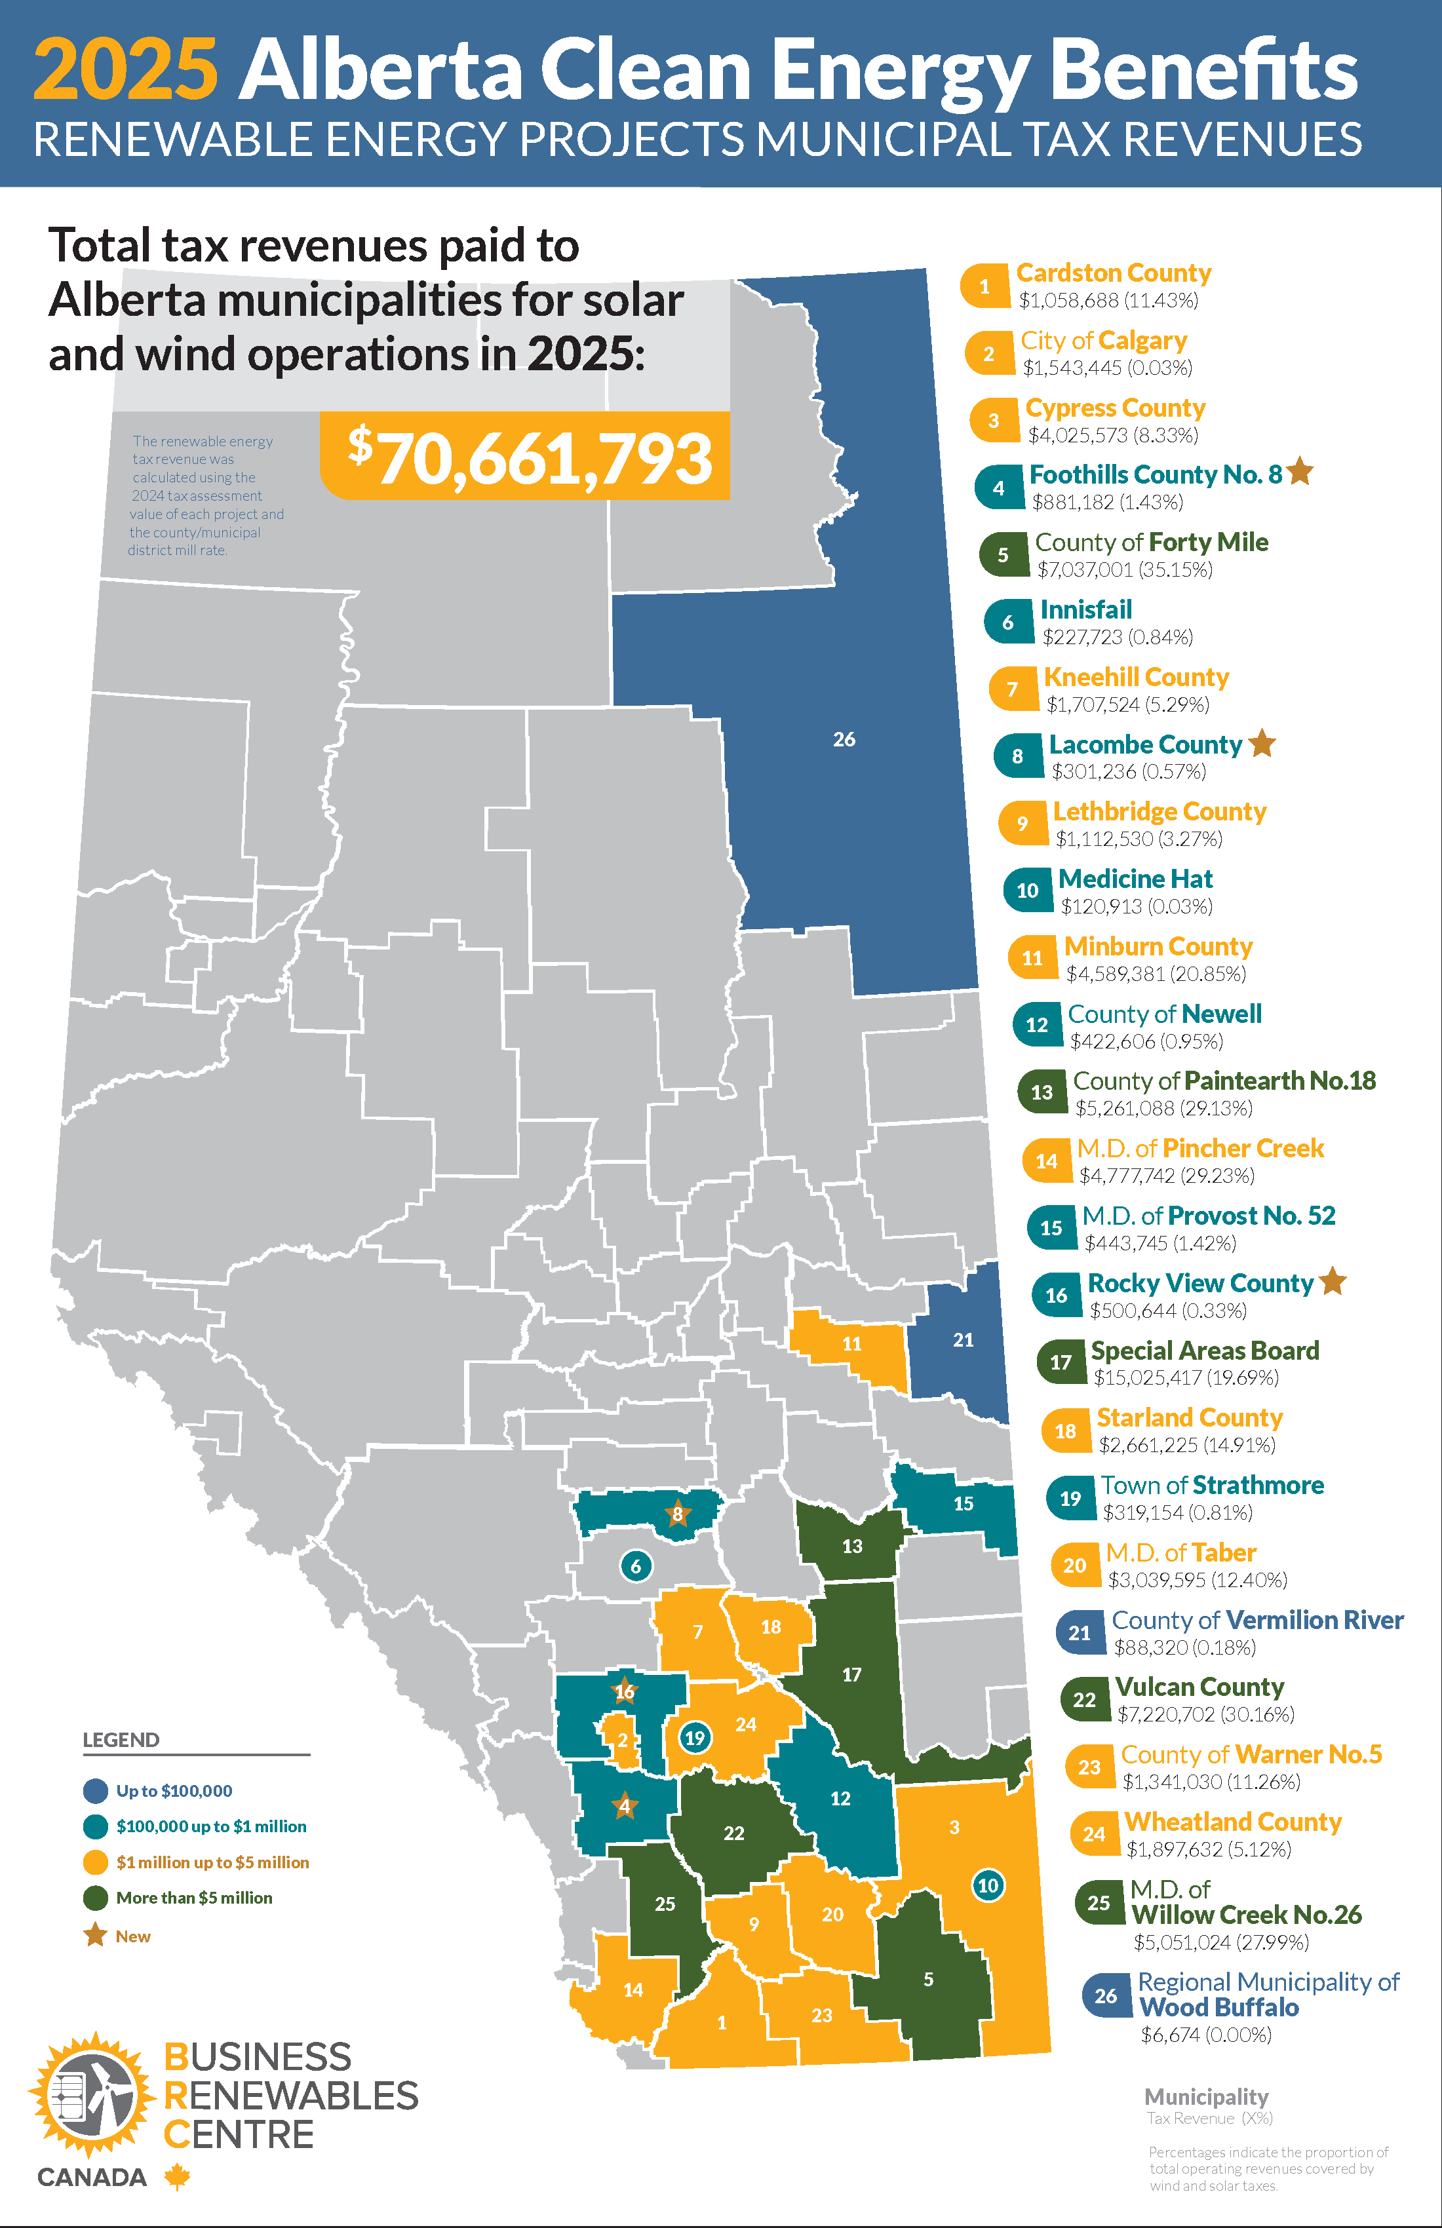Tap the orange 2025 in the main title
point(125,69)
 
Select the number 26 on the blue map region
point(844,740)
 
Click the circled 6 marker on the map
point(636,1565)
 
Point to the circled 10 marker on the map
point(988,1885)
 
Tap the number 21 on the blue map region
point(963,1339)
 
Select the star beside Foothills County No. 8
point(1300,472)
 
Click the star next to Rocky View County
point(1333,1280)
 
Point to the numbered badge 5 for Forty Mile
point(1003,555)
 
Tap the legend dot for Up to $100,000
point(96,1791)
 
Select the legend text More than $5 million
point(194,1898)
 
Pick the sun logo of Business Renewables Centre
point(92,2095)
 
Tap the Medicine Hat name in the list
point(1135,879)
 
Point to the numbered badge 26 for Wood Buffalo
point(1105,1995)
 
